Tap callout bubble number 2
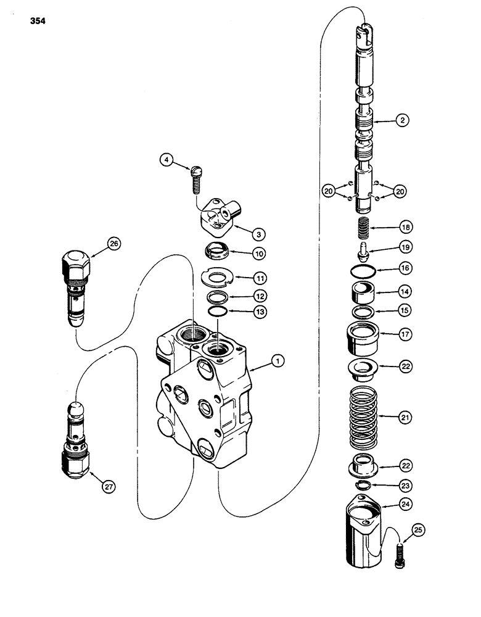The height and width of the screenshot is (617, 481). (401, 122)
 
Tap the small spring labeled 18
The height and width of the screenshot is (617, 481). (363, 228)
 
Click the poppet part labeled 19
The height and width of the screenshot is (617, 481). (363, 249)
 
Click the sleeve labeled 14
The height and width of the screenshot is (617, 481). (364, 290)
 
